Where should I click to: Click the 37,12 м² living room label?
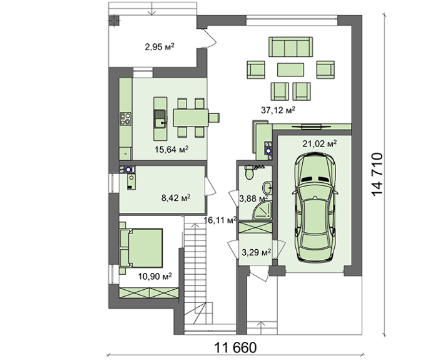278,110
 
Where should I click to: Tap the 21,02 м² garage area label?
319,143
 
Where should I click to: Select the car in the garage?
315,207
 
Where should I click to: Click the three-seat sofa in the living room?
290,47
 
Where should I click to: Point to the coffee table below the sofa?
290,69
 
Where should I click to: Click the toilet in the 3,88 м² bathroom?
249,172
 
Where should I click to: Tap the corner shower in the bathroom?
262,211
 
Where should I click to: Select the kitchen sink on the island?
160,119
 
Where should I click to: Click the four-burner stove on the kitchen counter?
125,118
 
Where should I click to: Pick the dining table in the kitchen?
191,118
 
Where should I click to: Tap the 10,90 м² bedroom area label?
155,277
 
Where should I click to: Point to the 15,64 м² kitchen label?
171,150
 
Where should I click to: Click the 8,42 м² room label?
176,198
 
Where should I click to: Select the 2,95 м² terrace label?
160,47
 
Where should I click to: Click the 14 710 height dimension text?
377,174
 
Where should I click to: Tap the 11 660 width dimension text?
235,348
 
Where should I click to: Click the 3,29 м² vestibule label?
256,252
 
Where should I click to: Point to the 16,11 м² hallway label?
220,220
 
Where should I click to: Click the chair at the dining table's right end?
214,118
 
